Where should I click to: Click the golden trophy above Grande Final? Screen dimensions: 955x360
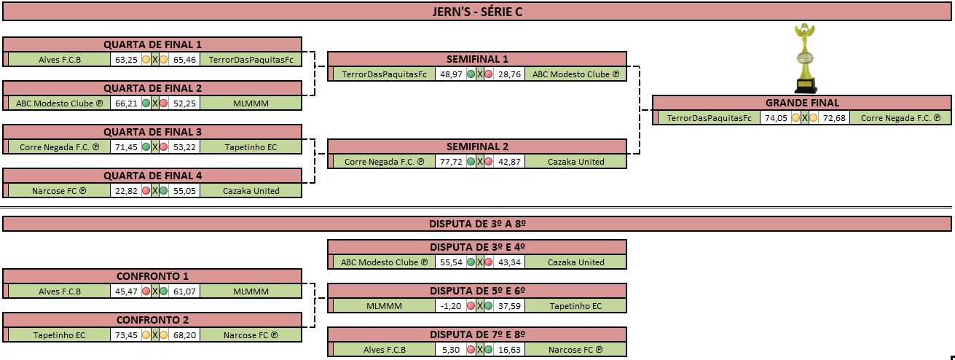point(804,58)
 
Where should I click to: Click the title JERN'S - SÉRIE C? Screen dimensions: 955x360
point(477,12)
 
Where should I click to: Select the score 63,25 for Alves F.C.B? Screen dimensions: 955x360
point(126,60)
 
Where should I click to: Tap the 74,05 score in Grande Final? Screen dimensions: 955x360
point(776,118)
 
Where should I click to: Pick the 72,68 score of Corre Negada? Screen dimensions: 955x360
point(834,118)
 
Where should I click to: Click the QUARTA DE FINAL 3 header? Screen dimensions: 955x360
point(153,132)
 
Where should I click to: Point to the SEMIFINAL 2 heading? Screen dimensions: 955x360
point(477,146)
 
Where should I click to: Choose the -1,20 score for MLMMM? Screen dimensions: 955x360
point(451,306)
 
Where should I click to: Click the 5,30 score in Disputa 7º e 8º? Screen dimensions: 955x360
point(451,350)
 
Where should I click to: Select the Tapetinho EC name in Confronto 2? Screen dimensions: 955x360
point(59,335)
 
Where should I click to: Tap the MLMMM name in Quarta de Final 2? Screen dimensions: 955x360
point(251,103)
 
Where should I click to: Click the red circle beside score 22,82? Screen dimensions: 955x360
point(146,191)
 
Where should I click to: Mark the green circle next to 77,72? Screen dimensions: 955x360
point(471,162)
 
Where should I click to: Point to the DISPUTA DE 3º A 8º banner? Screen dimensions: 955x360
point(477,224)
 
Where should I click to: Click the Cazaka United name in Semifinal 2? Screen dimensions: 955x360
point(576,162)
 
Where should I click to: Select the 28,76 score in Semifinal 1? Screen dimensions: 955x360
point(509,74)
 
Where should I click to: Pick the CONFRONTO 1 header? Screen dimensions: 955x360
point(153,276)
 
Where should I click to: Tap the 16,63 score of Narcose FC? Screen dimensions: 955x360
point(509,350)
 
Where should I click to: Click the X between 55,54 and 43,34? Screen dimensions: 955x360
point(479,262)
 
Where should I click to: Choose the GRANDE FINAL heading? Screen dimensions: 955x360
point(802,103)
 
